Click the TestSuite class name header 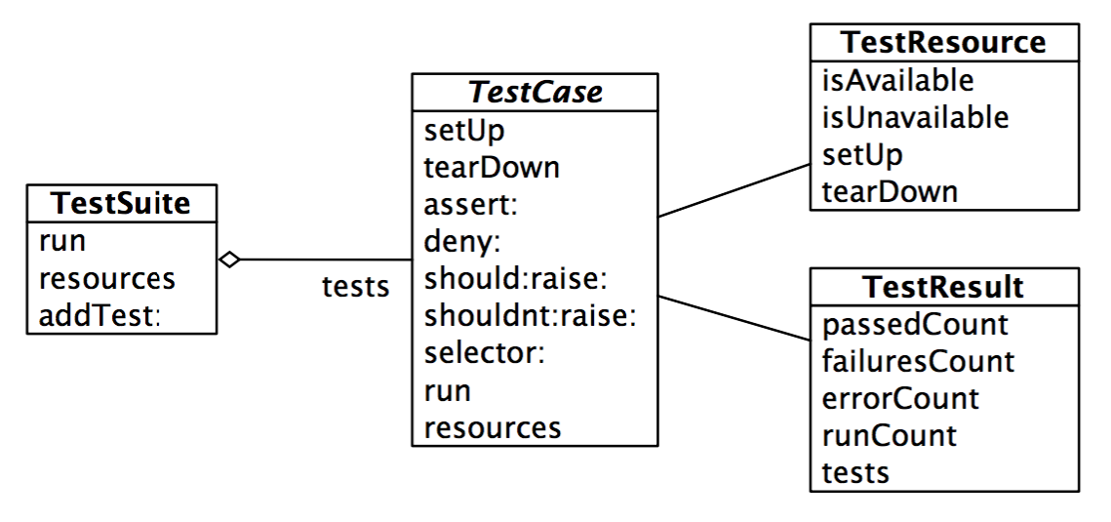120,204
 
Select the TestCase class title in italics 536,93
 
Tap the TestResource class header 943,43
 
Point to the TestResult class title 943,287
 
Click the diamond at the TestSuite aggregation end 230,260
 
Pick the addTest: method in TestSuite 99,315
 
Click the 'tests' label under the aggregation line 355,287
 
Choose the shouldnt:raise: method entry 530,316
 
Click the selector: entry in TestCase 484,353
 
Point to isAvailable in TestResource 897,79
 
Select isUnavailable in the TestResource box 914,116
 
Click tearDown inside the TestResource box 889,190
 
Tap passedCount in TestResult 914,324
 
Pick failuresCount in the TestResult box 918,361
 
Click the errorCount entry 899,398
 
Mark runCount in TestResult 889,434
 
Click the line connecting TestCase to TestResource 734,190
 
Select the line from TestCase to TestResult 734,316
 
